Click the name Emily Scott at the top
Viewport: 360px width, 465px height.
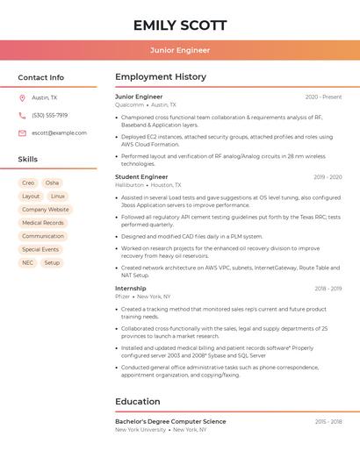point(180,25)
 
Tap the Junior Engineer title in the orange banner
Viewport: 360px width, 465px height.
point(180,50)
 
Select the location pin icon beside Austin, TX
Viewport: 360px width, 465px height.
point(22,97)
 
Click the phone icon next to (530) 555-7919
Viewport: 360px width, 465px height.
point(22,115)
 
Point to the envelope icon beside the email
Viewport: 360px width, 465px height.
point(22,132)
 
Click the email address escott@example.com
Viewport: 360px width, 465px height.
point(59,132)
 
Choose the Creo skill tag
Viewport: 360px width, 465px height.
point(28,182)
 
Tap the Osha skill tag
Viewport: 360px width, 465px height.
point(52,182)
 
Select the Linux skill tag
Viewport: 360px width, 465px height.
point(58,197)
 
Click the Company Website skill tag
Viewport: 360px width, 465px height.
point(45,210)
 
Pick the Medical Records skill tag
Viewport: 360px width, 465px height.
point(42,223)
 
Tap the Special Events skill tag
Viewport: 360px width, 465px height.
point(40,249)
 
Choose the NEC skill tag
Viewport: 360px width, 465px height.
point(28,262)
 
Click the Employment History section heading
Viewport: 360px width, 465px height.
point(161,77)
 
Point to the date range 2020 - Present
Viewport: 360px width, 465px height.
point(323,97)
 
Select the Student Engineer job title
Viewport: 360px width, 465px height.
point(141,176)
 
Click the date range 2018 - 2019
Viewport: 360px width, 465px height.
point(328,288)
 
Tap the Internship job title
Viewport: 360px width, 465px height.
point(131,288)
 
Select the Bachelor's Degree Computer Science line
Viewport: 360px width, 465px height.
point(170,421)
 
